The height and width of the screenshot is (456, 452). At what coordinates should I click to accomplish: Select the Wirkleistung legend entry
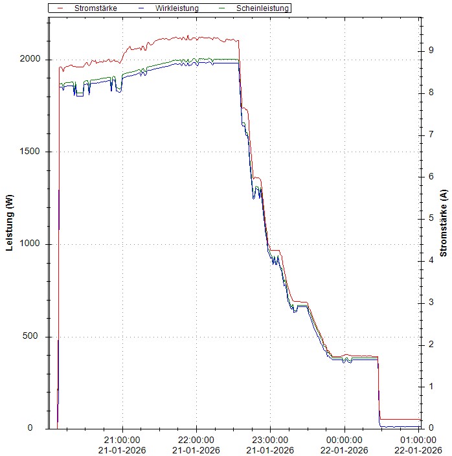click(x=177, y=8)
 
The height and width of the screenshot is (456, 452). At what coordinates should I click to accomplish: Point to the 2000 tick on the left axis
click(x=32, y=59)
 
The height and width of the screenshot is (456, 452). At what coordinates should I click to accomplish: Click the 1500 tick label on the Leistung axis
click(x=32, y=152)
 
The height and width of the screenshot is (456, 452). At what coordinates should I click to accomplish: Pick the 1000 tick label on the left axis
click(x=32, y=244)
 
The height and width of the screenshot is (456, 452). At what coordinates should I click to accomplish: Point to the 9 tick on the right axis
click(x=431, y=51)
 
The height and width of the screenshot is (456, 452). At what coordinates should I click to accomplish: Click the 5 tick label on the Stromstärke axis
click(x=431, y=218)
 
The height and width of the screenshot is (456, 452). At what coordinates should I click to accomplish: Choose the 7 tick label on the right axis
click(x=431, y=135)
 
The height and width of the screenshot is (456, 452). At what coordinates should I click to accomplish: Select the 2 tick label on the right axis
click(x=431, y=345)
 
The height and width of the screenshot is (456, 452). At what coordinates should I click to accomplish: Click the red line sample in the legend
click(x=60, y=8)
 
